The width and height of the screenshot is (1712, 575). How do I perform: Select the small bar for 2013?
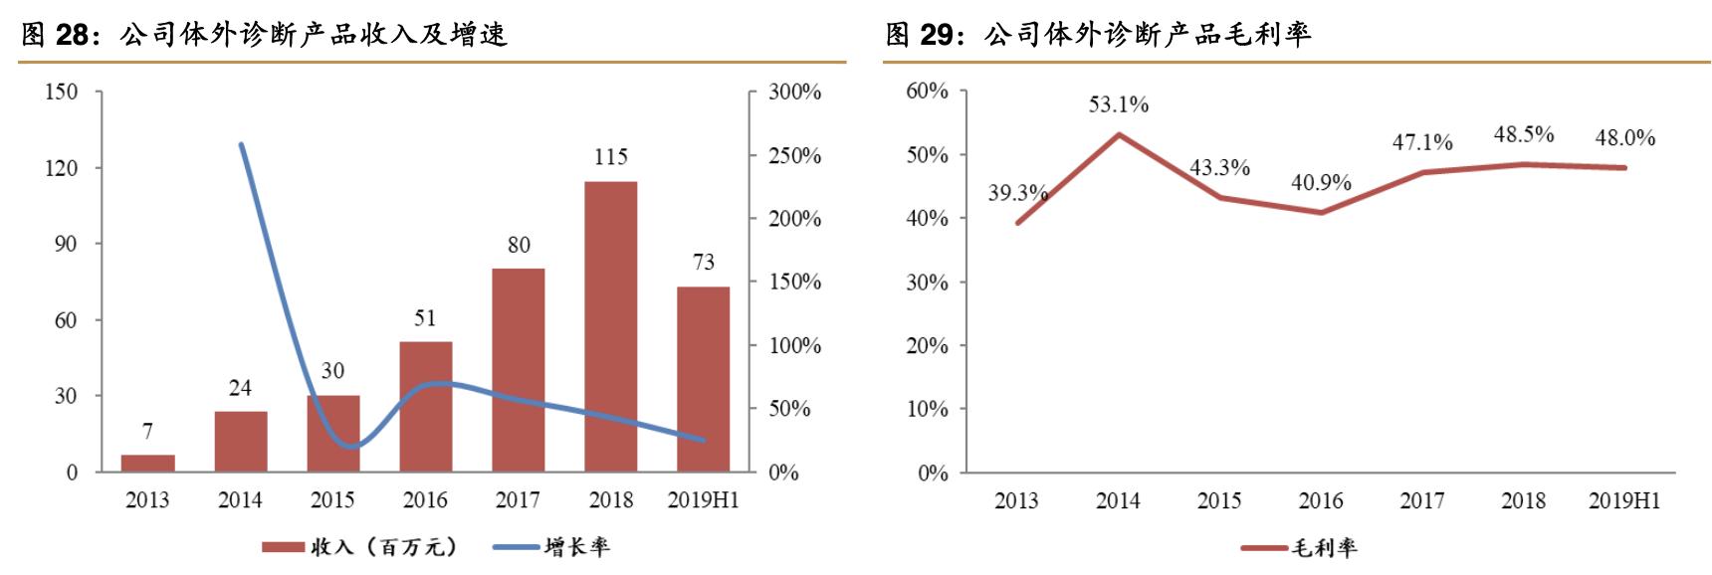coord(147,463)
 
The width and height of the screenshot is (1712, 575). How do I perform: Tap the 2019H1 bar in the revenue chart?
coord(703,379)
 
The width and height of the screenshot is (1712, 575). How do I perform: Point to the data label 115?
coord(610,156)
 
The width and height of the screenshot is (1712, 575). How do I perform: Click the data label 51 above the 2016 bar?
coord(425,318)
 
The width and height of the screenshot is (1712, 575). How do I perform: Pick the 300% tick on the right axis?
coord(794,93)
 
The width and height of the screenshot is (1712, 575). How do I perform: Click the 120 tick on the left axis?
coord(61,168)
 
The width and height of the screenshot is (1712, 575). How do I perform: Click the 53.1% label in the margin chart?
coord(1118,104)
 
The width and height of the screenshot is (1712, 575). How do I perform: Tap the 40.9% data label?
coord(1321,183)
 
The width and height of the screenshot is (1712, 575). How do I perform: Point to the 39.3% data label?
coord(1016,193)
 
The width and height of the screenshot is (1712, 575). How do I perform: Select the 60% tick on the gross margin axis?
coord(927,92)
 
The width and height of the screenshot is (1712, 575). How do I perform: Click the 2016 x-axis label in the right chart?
coord(1321,500)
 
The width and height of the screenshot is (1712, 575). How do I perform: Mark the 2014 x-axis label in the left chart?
coord(240,500)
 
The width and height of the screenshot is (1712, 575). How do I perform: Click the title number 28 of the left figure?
coord(72,36)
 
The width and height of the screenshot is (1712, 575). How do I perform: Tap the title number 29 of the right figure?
coord(937,36)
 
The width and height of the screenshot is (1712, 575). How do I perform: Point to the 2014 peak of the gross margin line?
coord(1118,134)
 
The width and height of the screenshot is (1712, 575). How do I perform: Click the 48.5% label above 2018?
coord(1523,134)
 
